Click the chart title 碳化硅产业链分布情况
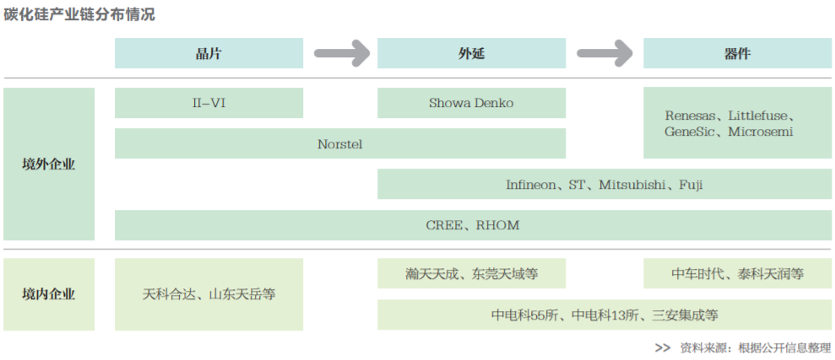(80, 15)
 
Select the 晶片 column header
(209, 54)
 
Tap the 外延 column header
(471, 54)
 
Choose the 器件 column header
(737, 54)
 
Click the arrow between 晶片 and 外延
(341, 54)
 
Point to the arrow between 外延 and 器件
(605, 54)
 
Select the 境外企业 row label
(48, 164)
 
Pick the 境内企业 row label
(48, 294)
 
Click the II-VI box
(209, 104)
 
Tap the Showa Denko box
(471, 104)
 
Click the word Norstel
(340, 144)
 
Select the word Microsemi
(761, 132)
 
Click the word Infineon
(531, 185)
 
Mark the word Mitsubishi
(633, 185)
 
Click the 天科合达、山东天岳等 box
(209, 294)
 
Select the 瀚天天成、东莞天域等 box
(471, 274)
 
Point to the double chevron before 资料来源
(663, 347)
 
